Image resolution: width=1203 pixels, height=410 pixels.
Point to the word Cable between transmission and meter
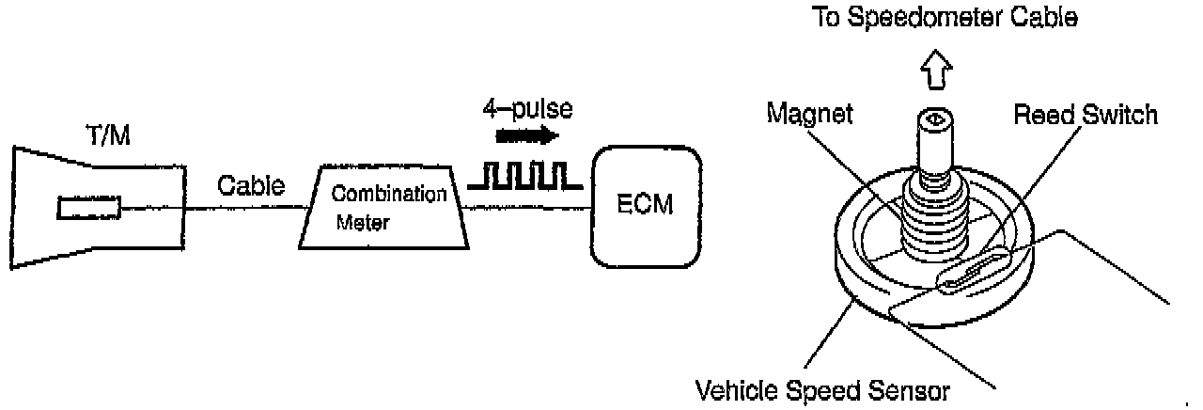tap(251, 186)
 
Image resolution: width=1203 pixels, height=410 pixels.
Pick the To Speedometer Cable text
tap(944, 20)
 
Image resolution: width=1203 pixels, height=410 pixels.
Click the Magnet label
tap(810, 114)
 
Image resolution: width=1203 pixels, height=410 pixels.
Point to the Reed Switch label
tap(1086, 115)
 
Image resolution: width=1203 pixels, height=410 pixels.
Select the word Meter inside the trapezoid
tap(362, 225)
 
